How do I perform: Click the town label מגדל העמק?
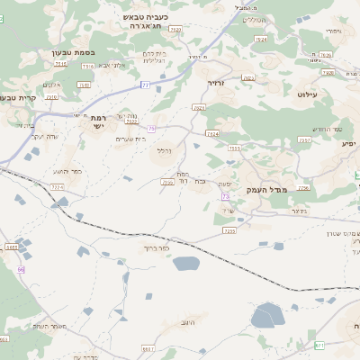(x=290, y=191)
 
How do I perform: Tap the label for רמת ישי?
(x=98, y=122)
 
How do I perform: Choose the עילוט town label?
(x=307, y=94)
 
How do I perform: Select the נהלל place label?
(x=163, y=149)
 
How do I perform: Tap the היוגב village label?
(x=187, y=321)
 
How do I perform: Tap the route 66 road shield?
(x=21, y=269)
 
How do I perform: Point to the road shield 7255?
(x=229, y=231)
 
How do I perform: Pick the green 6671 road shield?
(x=318, y=345)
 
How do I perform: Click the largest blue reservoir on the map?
(x=267, y=315)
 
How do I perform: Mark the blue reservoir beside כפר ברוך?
(x=185, y=264)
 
